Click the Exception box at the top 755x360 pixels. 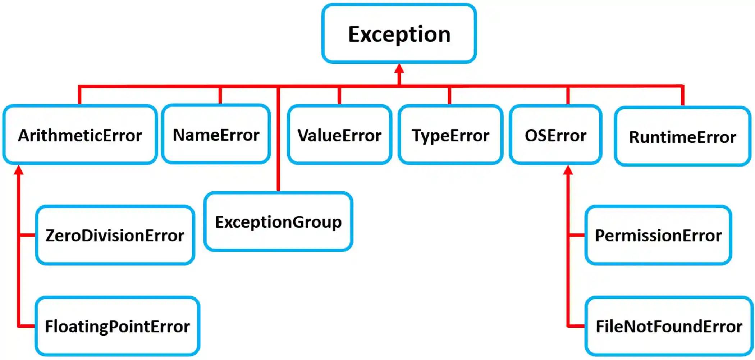(399, 34)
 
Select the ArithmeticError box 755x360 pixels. (80, 135)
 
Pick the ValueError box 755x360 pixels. (339, 135)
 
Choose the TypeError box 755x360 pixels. (450, 135)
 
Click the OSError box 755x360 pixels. (555, 135)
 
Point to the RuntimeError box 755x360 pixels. (682, 136)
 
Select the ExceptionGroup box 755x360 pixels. (278, 222)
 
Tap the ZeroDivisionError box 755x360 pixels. (115, 235)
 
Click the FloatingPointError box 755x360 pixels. (117, 326)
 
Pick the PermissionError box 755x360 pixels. (658, 235)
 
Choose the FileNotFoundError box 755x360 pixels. (669, 326)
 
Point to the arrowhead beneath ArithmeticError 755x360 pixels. (19, 170)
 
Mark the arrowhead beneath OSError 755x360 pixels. (568, 170)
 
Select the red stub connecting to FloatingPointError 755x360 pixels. (27, 326)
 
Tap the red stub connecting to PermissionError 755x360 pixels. (577, 235)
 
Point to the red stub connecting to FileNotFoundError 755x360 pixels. (576, 326)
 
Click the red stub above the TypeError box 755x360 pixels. (449, 96)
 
